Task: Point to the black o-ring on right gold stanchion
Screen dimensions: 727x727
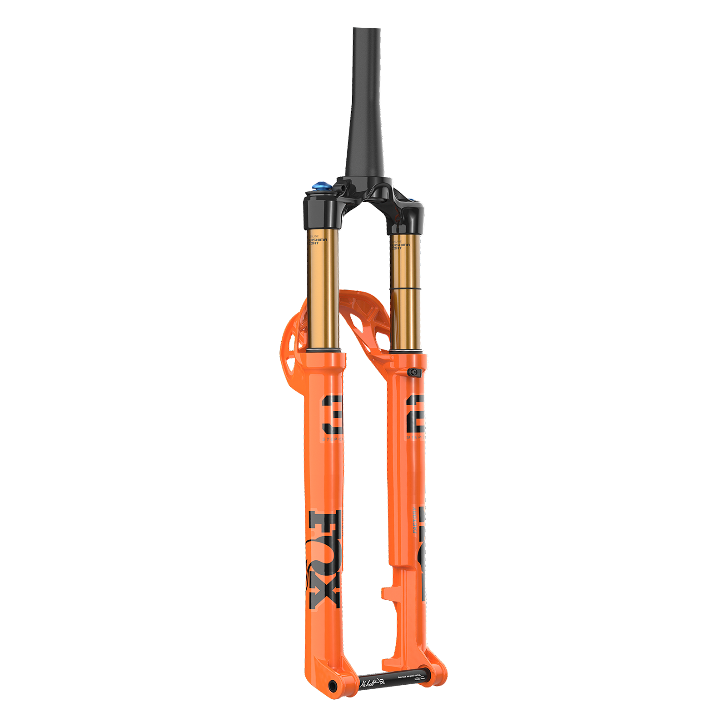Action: coord(407,288)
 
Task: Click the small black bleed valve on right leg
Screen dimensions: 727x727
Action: coord(413,372)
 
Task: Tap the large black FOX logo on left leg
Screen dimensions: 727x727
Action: coord(324,559)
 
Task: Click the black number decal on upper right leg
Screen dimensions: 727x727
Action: coord(415,414)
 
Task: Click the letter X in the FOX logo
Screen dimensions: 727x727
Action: coord(324,593)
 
